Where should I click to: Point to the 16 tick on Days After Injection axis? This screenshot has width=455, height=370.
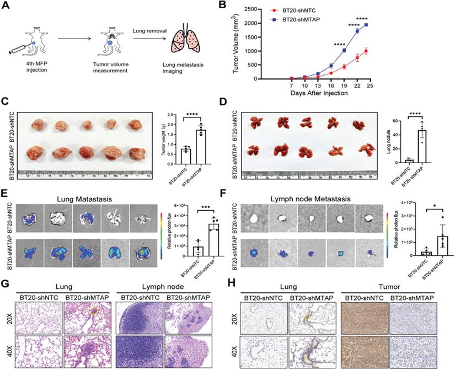pyautogui.click(x=329, y=86)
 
